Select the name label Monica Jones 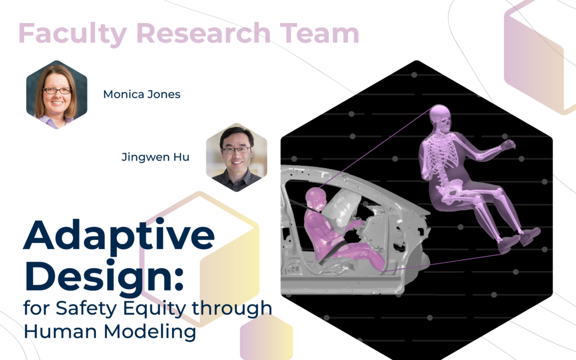(142, 95)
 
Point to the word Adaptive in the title (118, 236)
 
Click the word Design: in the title (104, 276)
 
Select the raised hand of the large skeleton (507, 145)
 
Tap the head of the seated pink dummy (316, 198)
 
